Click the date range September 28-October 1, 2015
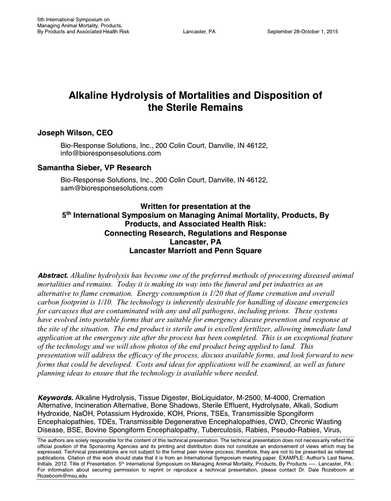pos(303,32)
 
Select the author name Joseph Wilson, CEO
pos(75,133)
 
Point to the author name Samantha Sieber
pos(73,168)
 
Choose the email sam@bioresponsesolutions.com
pos(111,188)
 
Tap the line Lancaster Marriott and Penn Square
pos(195,250)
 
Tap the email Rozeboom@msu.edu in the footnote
pos(62,475)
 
